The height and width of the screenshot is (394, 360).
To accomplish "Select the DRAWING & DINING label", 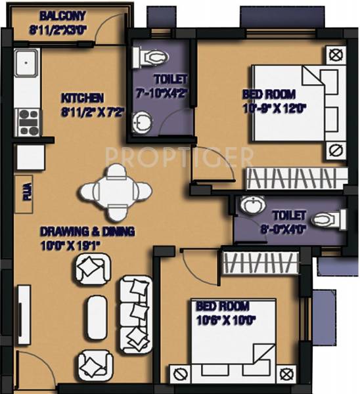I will pos(87,231).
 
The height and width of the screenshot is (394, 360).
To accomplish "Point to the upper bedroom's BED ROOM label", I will pos(269,94).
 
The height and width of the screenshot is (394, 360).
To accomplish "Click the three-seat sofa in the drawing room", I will pos(135,310).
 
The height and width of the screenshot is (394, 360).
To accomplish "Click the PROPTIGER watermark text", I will pos(179,157).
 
